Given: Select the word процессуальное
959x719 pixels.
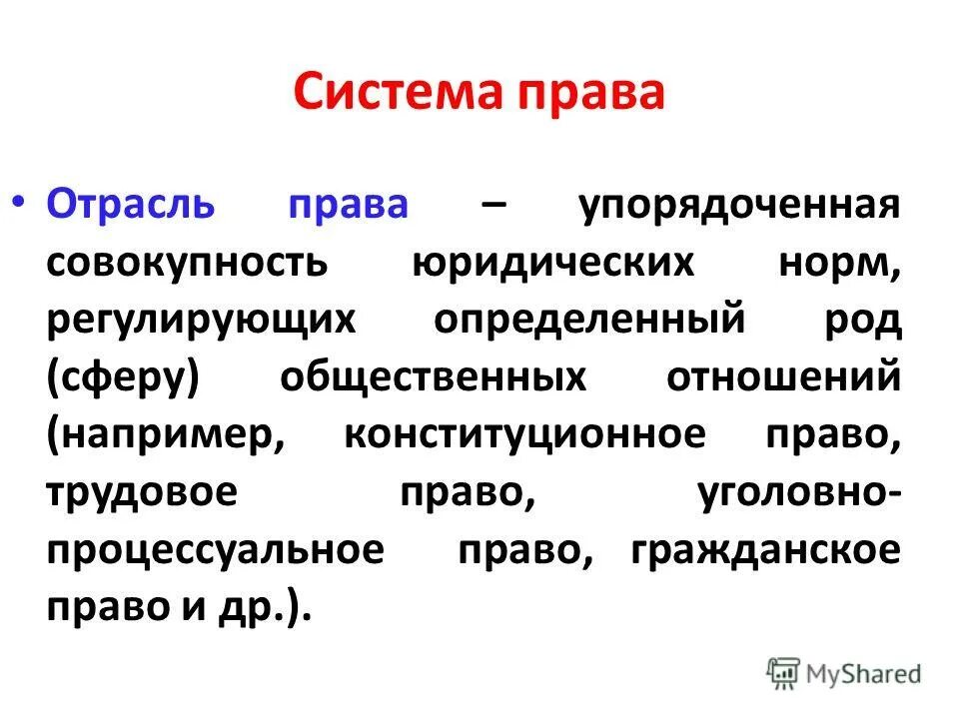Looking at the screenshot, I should point(215,552).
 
